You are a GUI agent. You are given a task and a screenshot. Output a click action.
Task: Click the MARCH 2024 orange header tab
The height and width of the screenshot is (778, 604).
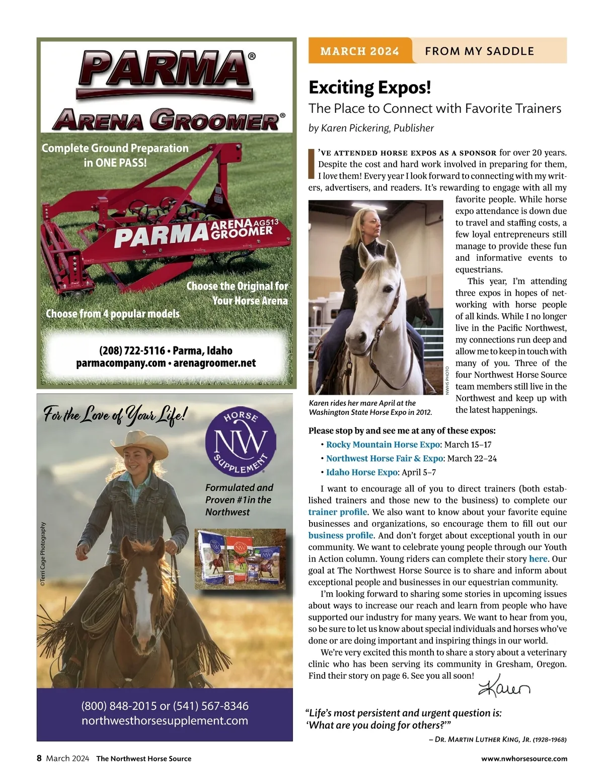pyautogui.click(x=360, y=51)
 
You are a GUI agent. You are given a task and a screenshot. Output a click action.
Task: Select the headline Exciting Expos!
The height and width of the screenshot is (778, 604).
pyautogui.click(x=369, y=87)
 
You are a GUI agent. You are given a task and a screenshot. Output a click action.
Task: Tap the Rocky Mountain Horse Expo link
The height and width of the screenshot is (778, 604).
pyautogui.click(x=383, y=445)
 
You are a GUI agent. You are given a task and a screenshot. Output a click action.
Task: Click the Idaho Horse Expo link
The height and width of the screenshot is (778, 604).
pyautogui.click(x=361, y=472)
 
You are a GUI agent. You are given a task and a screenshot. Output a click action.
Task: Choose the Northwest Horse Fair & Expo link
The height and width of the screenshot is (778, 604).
pyautogui.click(x=385, y=458)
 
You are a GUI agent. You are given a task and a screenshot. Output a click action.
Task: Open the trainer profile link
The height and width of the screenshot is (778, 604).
pyautogui.click(x=338, y=512)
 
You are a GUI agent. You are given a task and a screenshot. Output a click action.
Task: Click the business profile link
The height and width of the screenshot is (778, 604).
pyautogui.click(x=341, y=535)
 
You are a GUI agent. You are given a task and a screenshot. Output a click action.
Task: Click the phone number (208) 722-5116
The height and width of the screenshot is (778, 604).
pyautogui.click(x=132, y=350)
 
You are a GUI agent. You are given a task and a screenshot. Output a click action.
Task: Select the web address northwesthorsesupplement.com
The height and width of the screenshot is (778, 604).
pyautogui.click(x=165, y=721)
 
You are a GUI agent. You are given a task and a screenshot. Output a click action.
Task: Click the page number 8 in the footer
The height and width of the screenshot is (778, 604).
pyautogui.click(x=39, y=758)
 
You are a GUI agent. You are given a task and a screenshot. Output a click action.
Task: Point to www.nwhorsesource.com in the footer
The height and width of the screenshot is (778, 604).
pyautogui.click(x=524, y=758)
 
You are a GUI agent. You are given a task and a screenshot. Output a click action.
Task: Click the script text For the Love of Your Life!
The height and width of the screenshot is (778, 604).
pyautogui.click(x=115, y=416)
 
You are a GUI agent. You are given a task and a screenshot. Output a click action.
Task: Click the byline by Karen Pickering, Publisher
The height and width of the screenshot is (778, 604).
pyautogui.click(x=371, y=128)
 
